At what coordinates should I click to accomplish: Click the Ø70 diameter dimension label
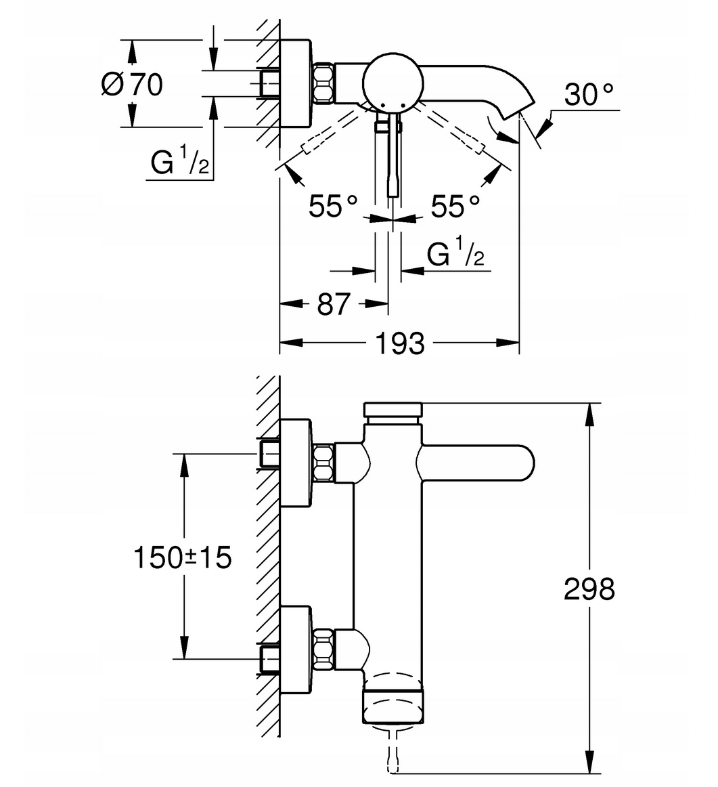132,84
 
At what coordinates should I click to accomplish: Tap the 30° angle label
589,94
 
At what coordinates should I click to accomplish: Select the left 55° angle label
333,206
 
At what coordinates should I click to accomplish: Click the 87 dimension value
333,303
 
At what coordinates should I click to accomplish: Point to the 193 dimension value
400,343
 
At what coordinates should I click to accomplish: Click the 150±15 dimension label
183,557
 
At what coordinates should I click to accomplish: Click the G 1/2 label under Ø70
180,160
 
